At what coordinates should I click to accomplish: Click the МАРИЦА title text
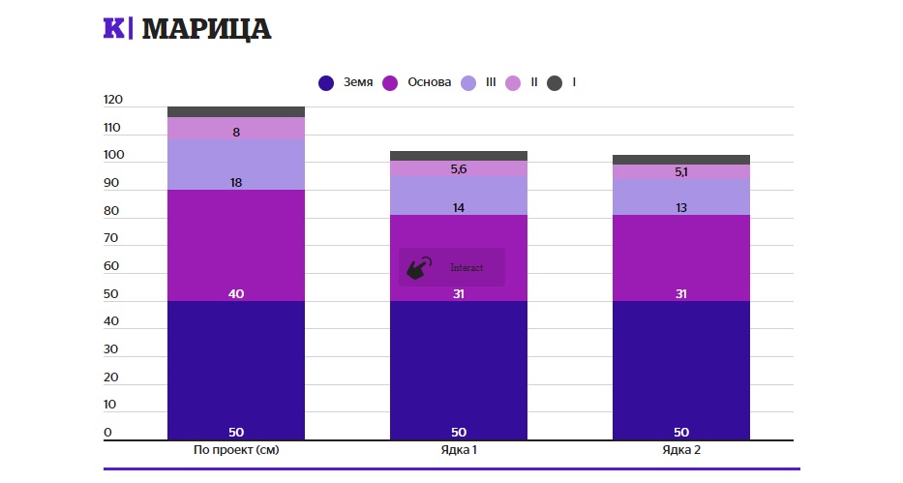[x=206, y=29]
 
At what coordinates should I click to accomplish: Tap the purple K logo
[x=114, y=29]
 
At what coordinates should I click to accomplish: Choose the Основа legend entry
[x=418, y=82]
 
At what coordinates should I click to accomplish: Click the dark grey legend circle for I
[x=555, y=82]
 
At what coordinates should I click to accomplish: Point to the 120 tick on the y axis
[x=112, y=100]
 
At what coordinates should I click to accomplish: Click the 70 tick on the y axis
[x=112, y=238]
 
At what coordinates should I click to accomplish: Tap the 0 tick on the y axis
[x=108, y=433]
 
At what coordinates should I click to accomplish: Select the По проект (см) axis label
[x=236, y=450]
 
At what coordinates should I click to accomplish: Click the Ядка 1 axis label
[x=459, y=450]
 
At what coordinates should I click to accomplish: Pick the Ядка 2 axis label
[x=681, y=450]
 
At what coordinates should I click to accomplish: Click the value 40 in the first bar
[x=236, y=293]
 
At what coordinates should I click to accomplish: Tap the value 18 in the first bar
[x=236, y=182]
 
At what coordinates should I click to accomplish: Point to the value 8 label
[x=236, y=132]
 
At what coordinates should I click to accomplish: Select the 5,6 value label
[x=459, y=169]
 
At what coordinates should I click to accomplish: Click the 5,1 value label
[x=681, y=172]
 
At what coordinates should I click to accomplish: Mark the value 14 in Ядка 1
[x=459, y=207]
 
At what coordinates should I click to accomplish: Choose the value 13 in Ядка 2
[x=681, y=207]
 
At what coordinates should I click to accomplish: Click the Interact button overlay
[x=452, y=267]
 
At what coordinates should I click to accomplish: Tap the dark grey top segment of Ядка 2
[x=681, y=160]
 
